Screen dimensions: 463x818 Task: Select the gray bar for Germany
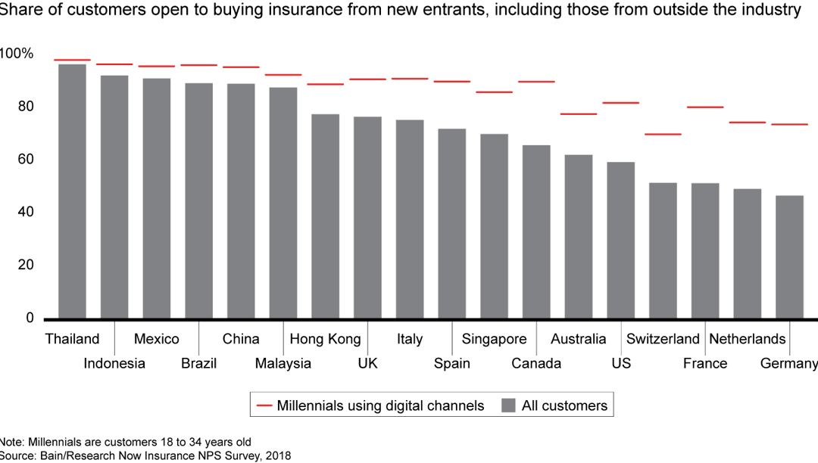[x=788, y=256]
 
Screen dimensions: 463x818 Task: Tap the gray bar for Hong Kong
[x=325, y=216]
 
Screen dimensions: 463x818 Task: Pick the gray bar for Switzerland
[x=662, y=250]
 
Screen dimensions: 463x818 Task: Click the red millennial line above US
[x=620, y=103]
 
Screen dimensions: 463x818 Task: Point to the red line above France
[x=704, y=107]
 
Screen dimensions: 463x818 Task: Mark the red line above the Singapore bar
[x=494, y=92]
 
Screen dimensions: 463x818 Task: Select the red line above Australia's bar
[x=578, y=114]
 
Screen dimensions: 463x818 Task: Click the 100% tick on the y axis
[x=17, y=54]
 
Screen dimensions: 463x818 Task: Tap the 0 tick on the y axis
[x=30, y=319]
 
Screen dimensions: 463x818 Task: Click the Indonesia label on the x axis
[x=114, y=364]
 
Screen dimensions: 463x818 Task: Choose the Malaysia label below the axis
[x=283, y=364]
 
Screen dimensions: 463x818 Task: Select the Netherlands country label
[x=747, y=339]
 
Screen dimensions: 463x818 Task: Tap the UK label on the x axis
[x=367, y=364]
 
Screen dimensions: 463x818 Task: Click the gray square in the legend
[x=508, y=406]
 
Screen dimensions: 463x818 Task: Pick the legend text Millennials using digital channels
[x=380, y=406]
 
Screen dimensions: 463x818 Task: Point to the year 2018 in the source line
[x=277, y=455]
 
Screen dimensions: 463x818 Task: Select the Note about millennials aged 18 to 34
[x=125, y=442]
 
